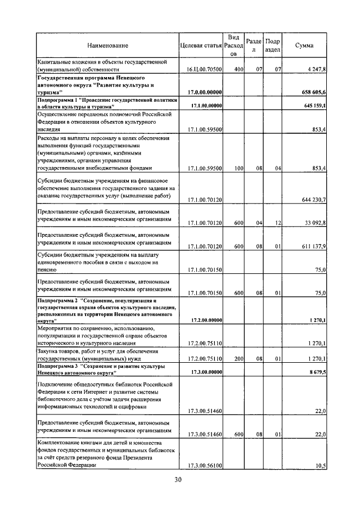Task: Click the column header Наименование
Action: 107,45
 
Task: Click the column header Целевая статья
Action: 201,45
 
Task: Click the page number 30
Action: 178,480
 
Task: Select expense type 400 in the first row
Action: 238,69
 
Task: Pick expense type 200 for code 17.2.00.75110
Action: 238,358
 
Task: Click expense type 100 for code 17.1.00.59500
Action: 238,168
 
